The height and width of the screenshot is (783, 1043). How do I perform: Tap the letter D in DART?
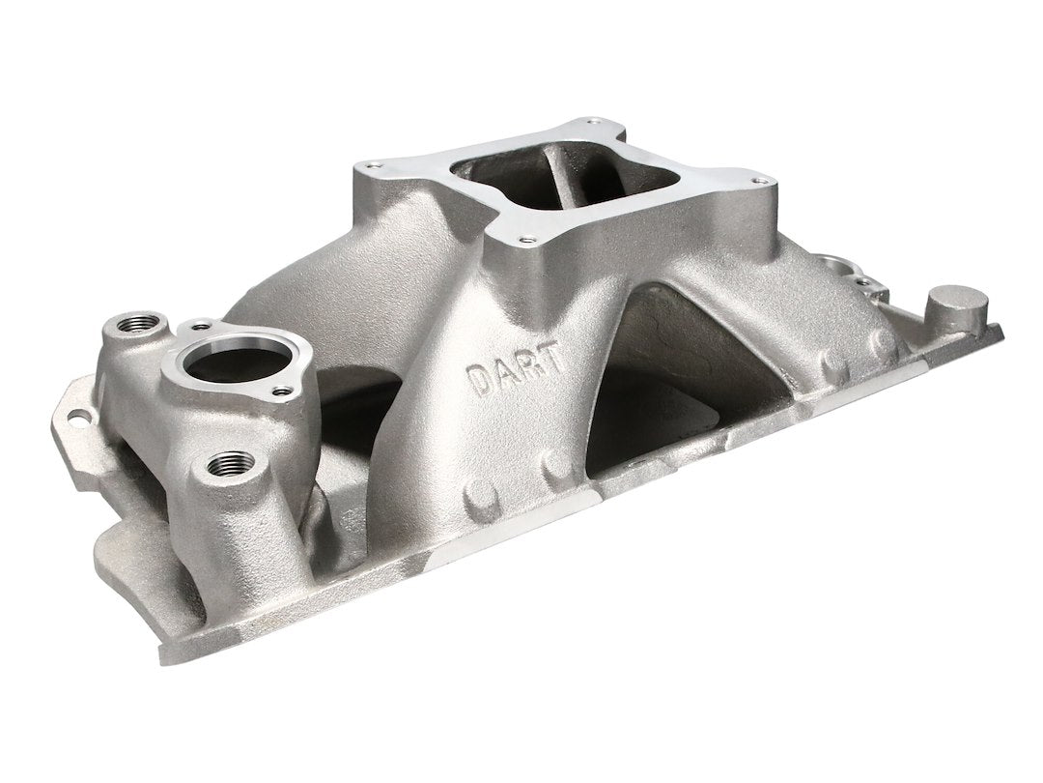477,380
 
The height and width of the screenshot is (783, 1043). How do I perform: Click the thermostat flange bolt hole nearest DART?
283,391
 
